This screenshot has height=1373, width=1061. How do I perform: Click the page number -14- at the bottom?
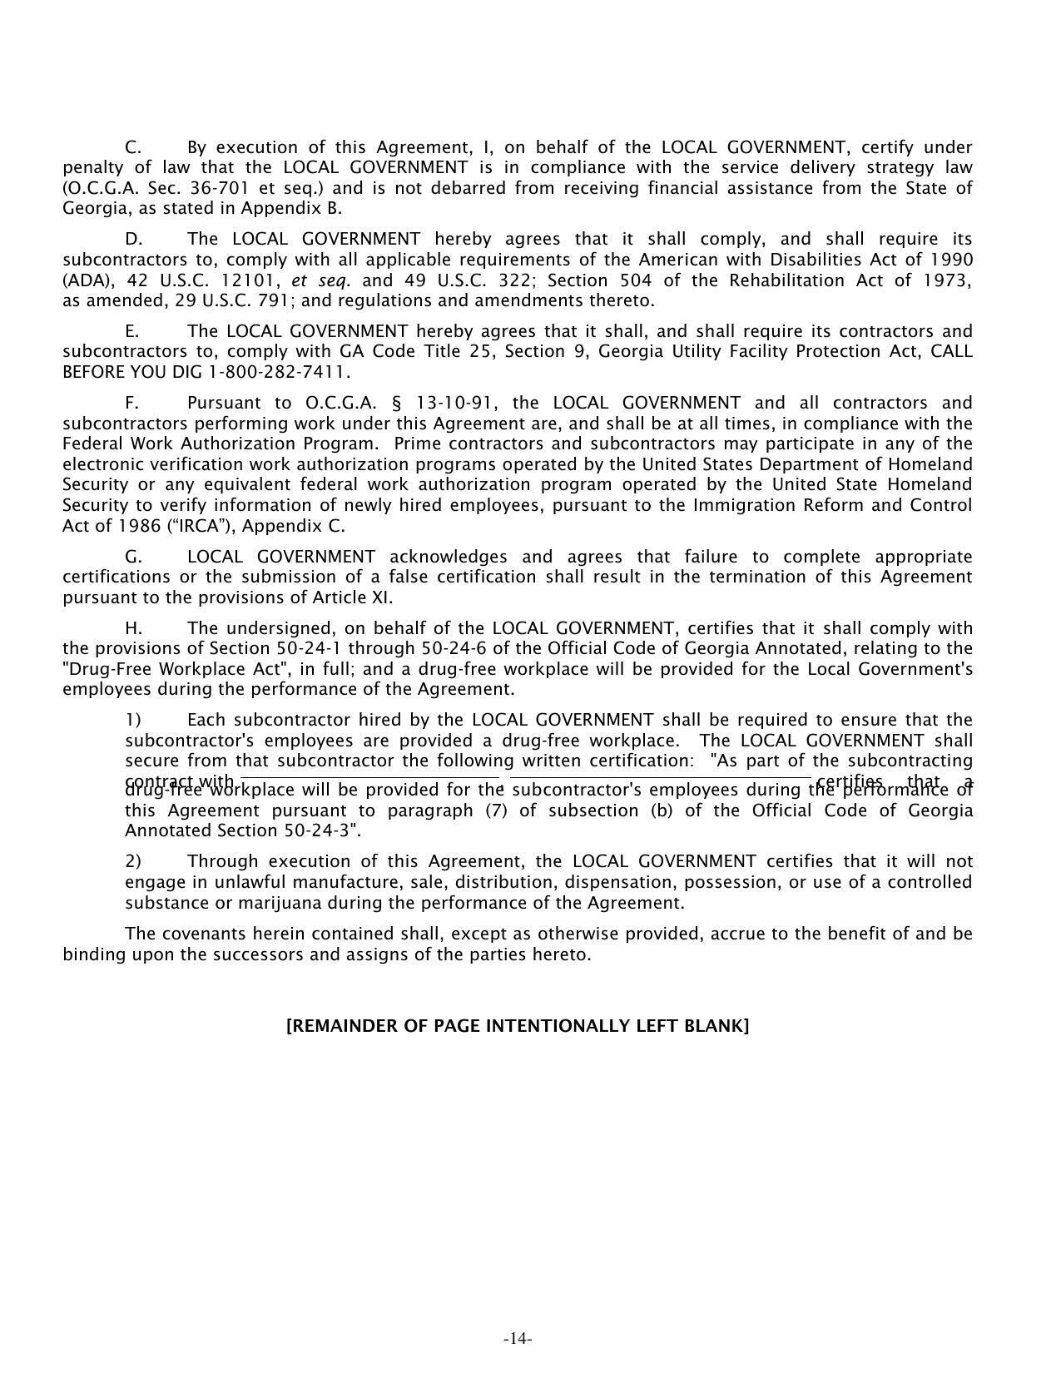pyautogui.click(x=518, y=1339)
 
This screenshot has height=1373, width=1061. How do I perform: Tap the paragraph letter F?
pyautogui.click(x=131, y=404)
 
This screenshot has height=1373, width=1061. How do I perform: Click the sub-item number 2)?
pyautogui.click(x=133, y=861)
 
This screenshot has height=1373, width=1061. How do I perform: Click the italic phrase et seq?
pyautogui.click(x=320, y=280)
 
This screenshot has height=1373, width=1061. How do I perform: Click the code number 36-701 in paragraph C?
pyautogui.click(x=201, y=188)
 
